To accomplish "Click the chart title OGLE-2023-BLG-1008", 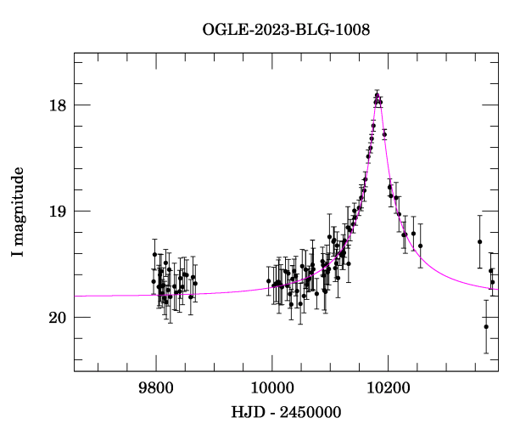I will point(286,30).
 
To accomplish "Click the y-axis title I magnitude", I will point(18,212).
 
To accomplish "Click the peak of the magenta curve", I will point(378,96).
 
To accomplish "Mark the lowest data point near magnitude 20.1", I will point(486,326).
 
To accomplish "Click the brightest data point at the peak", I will point(378,96).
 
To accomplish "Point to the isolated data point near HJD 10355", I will point(479,241).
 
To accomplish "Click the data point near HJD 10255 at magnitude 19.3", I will point(420,246).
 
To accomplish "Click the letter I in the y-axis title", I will point(18,254).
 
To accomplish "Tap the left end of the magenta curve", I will point(75,296).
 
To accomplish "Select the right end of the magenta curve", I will point(497,289).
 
